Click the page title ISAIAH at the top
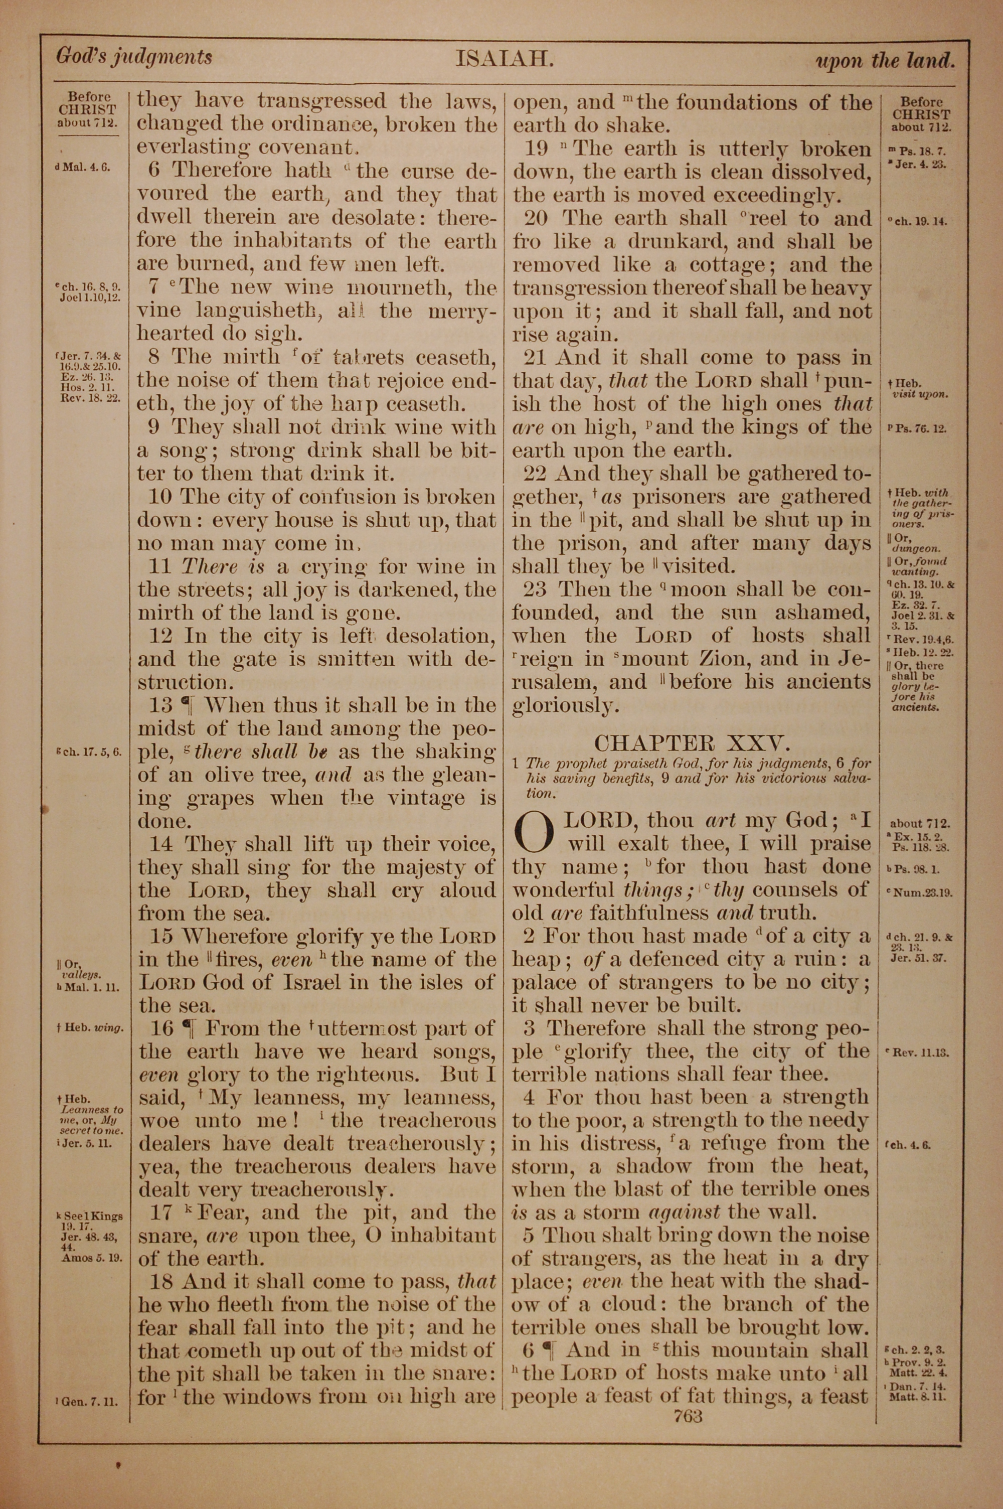(504, 60)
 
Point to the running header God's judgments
(134, 58)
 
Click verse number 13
(160, 705)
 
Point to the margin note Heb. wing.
(90, 1029)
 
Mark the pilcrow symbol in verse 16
(188, 1028)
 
